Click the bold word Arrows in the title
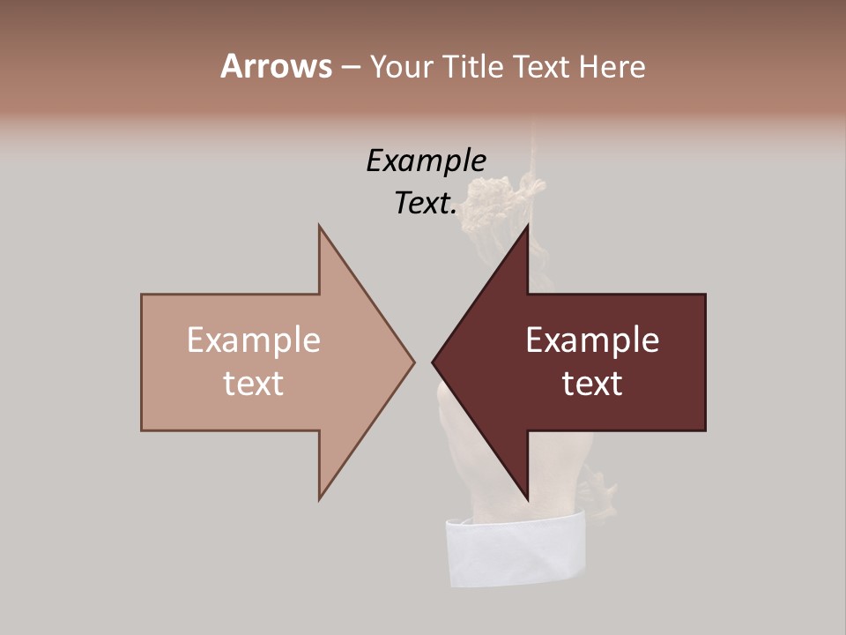click(275, 66)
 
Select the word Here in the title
click(612, 67)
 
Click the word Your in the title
click(402, 67)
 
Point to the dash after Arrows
click(350, 68)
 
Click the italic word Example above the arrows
click(426, 161)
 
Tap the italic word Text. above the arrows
click(426, 203)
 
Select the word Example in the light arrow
click(253, 340)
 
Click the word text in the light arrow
click(253, 384)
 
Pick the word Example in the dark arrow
click(592, 340)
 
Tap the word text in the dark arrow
click(592, 384)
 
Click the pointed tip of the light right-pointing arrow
click(412, 362)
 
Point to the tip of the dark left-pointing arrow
click(434, 362)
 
